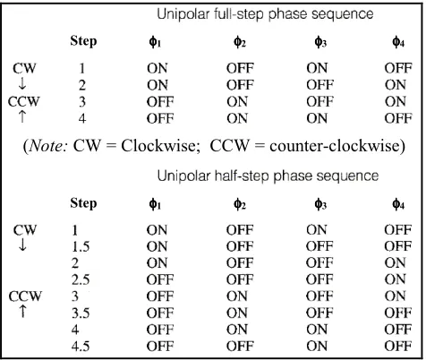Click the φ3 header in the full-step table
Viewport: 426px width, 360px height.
click(320, 42)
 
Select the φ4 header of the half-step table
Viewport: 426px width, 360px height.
click(398, 204)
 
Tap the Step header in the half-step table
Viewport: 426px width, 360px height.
click(83, 203)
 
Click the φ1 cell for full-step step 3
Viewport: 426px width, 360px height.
click(160, 102)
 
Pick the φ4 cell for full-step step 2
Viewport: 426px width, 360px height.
click(396, 85)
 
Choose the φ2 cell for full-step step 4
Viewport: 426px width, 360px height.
click(237, 118)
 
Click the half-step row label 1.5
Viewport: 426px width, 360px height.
click(81, 246)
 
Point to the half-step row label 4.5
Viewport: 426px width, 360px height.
click(81, 347)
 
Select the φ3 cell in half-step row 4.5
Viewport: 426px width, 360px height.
click(317, 347)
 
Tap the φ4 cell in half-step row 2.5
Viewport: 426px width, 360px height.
click(396, 279)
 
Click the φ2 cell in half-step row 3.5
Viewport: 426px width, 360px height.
click(237, 313)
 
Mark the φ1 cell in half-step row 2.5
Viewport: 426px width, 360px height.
click(160, 279)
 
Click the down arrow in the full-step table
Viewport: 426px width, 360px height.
click(22, 84)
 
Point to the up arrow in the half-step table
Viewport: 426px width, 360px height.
click(22, 311)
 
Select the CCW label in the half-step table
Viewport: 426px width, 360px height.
click(25, 296)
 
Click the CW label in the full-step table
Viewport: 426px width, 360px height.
click(24, 68)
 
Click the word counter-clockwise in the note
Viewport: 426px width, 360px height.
click(334, 146)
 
